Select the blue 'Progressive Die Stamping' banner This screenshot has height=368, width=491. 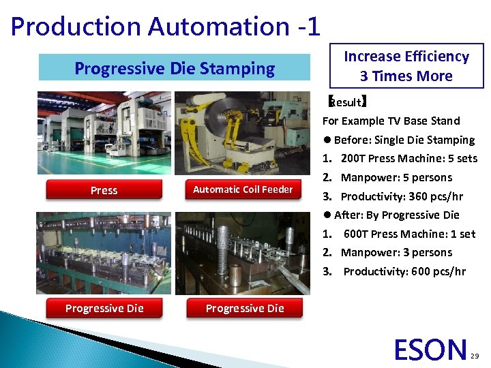175,68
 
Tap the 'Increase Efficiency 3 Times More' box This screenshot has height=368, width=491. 406,66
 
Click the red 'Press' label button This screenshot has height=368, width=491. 104,190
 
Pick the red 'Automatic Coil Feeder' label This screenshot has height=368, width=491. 243,189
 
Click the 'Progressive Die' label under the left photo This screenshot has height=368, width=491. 104,308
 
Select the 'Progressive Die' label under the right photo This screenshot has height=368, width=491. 244,308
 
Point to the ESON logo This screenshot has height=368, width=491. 430,349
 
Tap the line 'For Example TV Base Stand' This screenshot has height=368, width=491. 391,121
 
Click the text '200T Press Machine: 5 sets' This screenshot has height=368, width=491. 408,158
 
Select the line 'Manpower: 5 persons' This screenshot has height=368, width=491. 396,177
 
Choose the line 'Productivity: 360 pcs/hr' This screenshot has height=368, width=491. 402,196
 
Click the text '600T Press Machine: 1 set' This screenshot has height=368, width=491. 409,234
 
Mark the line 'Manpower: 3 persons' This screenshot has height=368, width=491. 396,252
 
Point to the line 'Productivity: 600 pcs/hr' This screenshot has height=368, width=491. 404,271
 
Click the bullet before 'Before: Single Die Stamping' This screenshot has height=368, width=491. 327,140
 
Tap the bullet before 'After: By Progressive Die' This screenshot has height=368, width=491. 327,215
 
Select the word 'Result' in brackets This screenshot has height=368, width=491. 347,102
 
